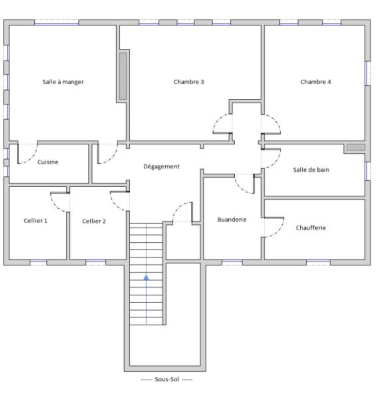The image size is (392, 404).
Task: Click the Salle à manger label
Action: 63,82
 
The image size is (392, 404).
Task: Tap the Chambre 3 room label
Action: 189,82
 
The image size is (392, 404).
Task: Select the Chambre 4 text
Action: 315,82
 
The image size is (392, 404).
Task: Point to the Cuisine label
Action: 48,162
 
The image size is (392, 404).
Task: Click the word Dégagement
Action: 162,167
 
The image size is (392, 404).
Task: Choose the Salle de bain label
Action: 311,170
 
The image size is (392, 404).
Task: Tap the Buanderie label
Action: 232,220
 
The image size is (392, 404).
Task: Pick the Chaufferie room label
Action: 311,228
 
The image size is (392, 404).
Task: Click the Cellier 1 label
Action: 36,221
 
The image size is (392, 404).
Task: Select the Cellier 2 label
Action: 94,221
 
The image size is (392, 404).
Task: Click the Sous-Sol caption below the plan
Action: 167,379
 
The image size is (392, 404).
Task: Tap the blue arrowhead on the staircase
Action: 146,277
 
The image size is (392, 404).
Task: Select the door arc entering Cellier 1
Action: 55,206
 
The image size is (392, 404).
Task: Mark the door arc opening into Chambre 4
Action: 276,121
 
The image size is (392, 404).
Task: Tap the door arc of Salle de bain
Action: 276,162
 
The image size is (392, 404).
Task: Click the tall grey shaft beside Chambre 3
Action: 123,76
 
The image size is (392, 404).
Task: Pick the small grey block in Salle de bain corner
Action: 356,147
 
